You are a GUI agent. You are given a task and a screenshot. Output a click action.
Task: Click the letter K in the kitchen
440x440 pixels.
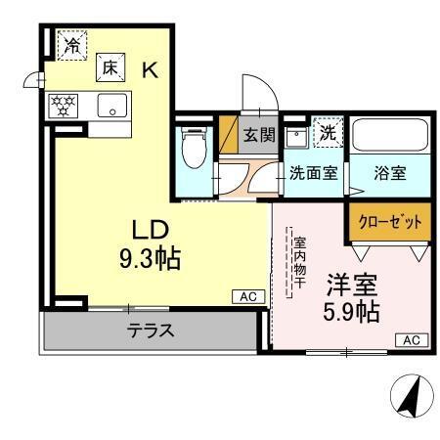pyautogui.click(x=151, y=69)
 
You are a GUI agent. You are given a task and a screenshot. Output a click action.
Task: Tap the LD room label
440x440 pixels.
pyautogui.click(x=152, y=230)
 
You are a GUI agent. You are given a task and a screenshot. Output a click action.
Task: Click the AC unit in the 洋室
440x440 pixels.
pyautogui.click(x=411, y=339)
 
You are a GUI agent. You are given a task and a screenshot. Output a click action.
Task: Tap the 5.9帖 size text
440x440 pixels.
pyautogui.click(x=352, y=313)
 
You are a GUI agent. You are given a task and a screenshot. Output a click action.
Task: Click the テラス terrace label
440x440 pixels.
pyautogui.click(x=152, y=330)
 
